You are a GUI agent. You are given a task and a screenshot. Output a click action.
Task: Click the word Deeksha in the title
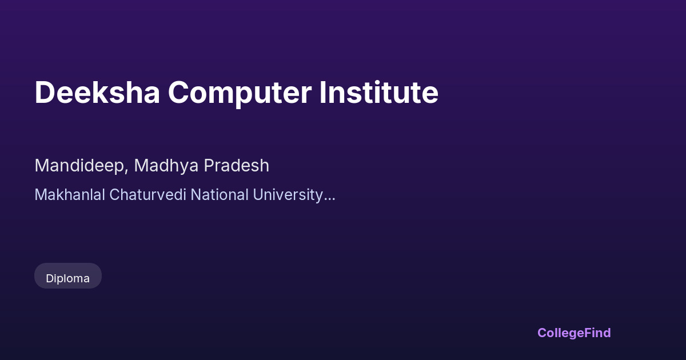(x=97, y=92)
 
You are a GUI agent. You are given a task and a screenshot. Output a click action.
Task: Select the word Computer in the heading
(x=240, y=94)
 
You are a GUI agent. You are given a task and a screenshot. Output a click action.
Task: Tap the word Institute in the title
(x=379, y=92)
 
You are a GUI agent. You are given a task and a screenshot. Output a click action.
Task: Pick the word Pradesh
(x=237, y=166)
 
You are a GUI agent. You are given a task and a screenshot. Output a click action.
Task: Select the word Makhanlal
(x=70, y=195)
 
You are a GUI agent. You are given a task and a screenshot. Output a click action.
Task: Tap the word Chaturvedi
(x=147, y=195)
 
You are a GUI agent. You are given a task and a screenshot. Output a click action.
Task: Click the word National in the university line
(x=220, y=195)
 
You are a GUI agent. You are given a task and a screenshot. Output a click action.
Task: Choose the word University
(x=288, y=196)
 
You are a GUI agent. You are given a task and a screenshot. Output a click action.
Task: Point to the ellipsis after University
(x=329, y=199)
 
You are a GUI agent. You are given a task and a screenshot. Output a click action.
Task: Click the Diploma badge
(x=68, y=275)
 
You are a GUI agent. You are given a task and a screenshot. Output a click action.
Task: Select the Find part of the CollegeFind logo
(x=597, y=333)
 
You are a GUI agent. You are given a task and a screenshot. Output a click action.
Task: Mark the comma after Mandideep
(x=126, y=172)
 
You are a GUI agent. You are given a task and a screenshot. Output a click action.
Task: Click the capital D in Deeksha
(x=45, y=93)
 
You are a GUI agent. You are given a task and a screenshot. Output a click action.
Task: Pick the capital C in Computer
(x=178, y=93)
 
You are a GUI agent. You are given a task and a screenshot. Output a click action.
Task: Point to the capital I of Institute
(x=322, y=93)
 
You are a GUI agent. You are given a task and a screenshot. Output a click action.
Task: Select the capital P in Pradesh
(x=210, y=166)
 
